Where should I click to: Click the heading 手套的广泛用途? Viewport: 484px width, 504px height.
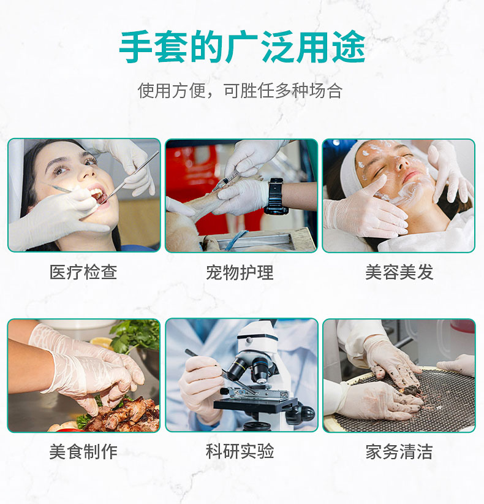tap(242, 47)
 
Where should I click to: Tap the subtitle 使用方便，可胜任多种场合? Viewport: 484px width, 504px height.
tap(240, 90)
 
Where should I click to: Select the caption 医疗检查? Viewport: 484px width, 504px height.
tap(83, 272)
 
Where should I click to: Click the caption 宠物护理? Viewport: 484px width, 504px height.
tap(240, 273)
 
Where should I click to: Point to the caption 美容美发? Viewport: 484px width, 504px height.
tap(399, 272)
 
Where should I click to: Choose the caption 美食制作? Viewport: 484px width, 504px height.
tap(83, 452)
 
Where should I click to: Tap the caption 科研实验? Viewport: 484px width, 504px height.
tap(240, 451)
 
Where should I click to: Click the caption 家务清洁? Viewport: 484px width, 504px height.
tap(399, 452)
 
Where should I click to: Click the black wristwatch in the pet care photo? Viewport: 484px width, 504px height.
tap(276, 196)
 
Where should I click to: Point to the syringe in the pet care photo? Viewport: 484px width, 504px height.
tap(225, 182)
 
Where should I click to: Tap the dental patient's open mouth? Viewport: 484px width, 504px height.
tap(99, 195)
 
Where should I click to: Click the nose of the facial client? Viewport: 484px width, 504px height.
tap(401, 164)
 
